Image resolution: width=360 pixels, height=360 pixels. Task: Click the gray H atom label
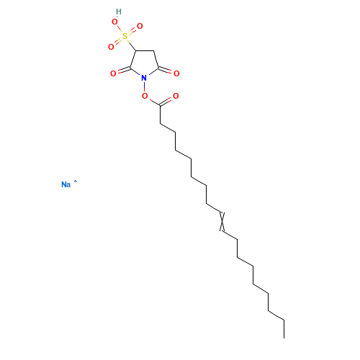(x=119, y=12)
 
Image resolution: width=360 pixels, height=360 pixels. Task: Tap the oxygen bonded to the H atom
(x=114, y=22)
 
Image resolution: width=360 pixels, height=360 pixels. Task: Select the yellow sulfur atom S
(x=125, y=36)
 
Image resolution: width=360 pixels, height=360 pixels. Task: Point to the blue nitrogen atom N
(x=144, y=78)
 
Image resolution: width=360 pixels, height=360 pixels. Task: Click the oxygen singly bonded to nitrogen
(x=145, y=96)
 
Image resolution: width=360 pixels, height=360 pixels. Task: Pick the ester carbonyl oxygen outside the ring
(x=176, y=96)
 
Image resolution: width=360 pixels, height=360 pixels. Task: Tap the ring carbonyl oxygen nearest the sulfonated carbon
(x=113, y=73)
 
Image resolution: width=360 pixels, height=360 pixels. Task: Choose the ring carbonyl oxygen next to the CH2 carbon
(x=176, y=73)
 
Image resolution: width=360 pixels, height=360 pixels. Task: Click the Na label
(x=66, y=184)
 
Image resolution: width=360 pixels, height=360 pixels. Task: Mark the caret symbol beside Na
(x=75, y=181)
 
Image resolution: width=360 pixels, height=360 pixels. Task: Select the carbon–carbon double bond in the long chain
(x=222, y=222)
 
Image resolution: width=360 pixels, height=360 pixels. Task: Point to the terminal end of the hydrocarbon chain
(x=284, y=338)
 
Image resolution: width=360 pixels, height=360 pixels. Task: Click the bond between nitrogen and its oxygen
(x=144, y=87)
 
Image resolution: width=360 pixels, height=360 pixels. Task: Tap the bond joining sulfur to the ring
(x=132, y=45)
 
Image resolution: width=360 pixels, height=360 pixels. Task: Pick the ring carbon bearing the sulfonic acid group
(x=136, y=50)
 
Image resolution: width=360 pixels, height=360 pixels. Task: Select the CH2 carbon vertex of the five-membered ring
(x=153, y=51)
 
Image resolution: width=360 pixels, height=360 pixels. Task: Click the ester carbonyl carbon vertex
(x=160, y=105)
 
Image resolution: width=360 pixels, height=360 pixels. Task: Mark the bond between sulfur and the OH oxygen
(x=120, y=29)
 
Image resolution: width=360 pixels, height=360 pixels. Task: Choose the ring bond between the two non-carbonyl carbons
(x=145, y=51)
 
